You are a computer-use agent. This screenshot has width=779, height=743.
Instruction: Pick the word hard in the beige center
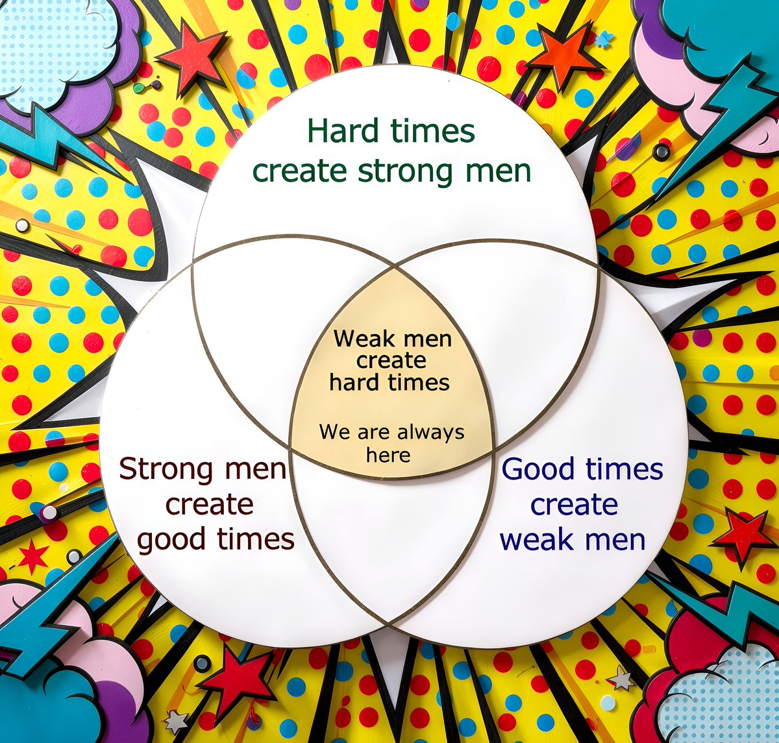tap(349, 382)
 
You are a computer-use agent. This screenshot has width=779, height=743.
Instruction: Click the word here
tap(388, 455)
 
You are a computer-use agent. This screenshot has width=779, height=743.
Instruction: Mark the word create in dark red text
tap(209, 504)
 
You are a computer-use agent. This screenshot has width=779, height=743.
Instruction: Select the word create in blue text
tap(574, 504)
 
